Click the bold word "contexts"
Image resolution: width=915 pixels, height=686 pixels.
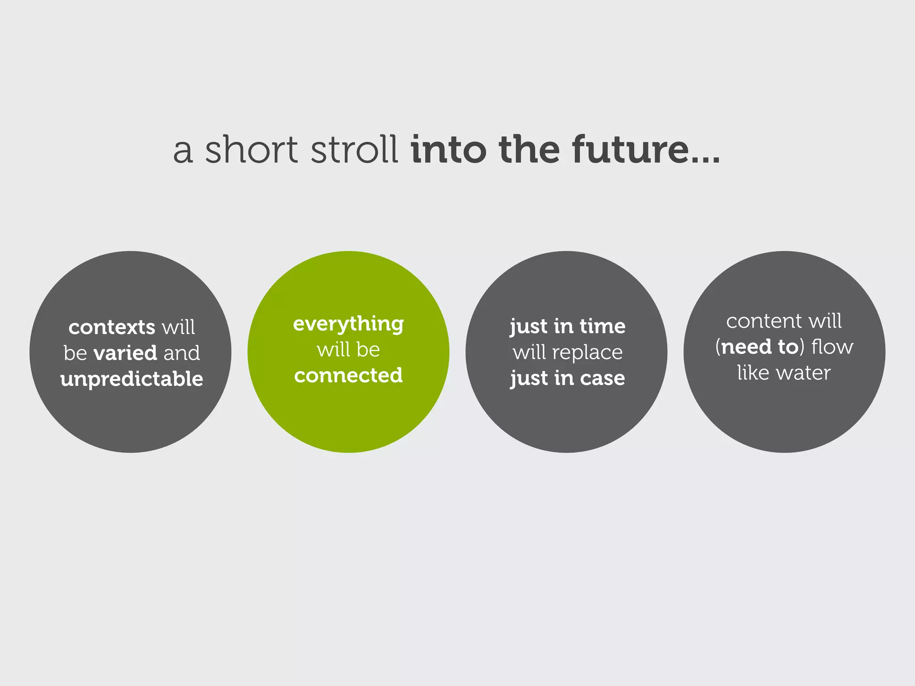[x=112, y=327]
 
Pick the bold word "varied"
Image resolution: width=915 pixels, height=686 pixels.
[x=125, y=353]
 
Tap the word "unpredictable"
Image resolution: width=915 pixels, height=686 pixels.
[x=132, y=379]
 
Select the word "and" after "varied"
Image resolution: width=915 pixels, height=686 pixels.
[x=182, y=353]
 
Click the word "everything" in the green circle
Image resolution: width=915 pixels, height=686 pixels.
[x=348, y=324]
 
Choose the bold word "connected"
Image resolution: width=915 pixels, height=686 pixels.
[x=348, y=376]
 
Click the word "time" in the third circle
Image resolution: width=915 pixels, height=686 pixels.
[x=602, y=326]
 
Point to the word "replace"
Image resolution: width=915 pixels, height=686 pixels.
[x=588, y=352]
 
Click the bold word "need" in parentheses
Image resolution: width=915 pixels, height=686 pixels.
[x=746, y=347]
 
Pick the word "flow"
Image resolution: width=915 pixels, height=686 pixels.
[x=832, y=347]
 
